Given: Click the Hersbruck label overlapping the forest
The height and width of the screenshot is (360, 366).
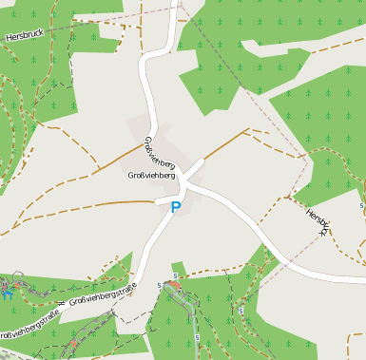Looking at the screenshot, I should tap(25, 35).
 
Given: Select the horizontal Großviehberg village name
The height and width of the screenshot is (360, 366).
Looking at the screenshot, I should tap(151, 176).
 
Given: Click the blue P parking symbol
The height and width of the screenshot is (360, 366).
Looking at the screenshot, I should tap(176, 206).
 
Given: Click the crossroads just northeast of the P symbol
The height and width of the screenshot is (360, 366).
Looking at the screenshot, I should tap(186, 184).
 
